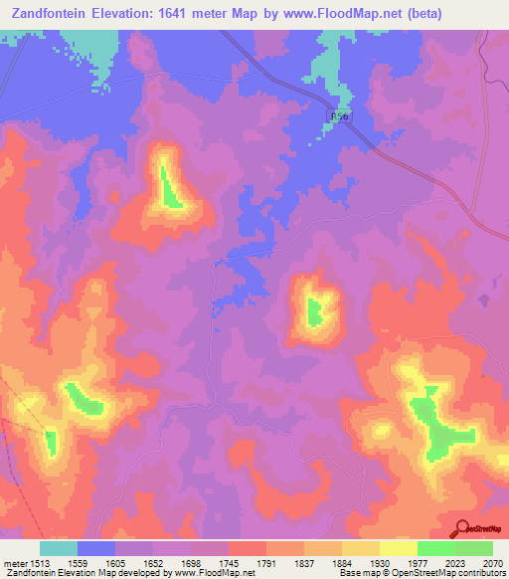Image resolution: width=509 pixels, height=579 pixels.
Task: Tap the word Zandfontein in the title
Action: coord(48,14)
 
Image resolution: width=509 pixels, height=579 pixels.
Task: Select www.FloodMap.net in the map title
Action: coord(329,14)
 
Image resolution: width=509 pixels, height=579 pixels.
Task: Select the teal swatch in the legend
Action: coord(59,548)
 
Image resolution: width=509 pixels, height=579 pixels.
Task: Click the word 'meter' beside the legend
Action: coord(15,562)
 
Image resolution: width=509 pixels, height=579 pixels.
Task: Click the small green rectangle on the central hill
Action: coord(314,311)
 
